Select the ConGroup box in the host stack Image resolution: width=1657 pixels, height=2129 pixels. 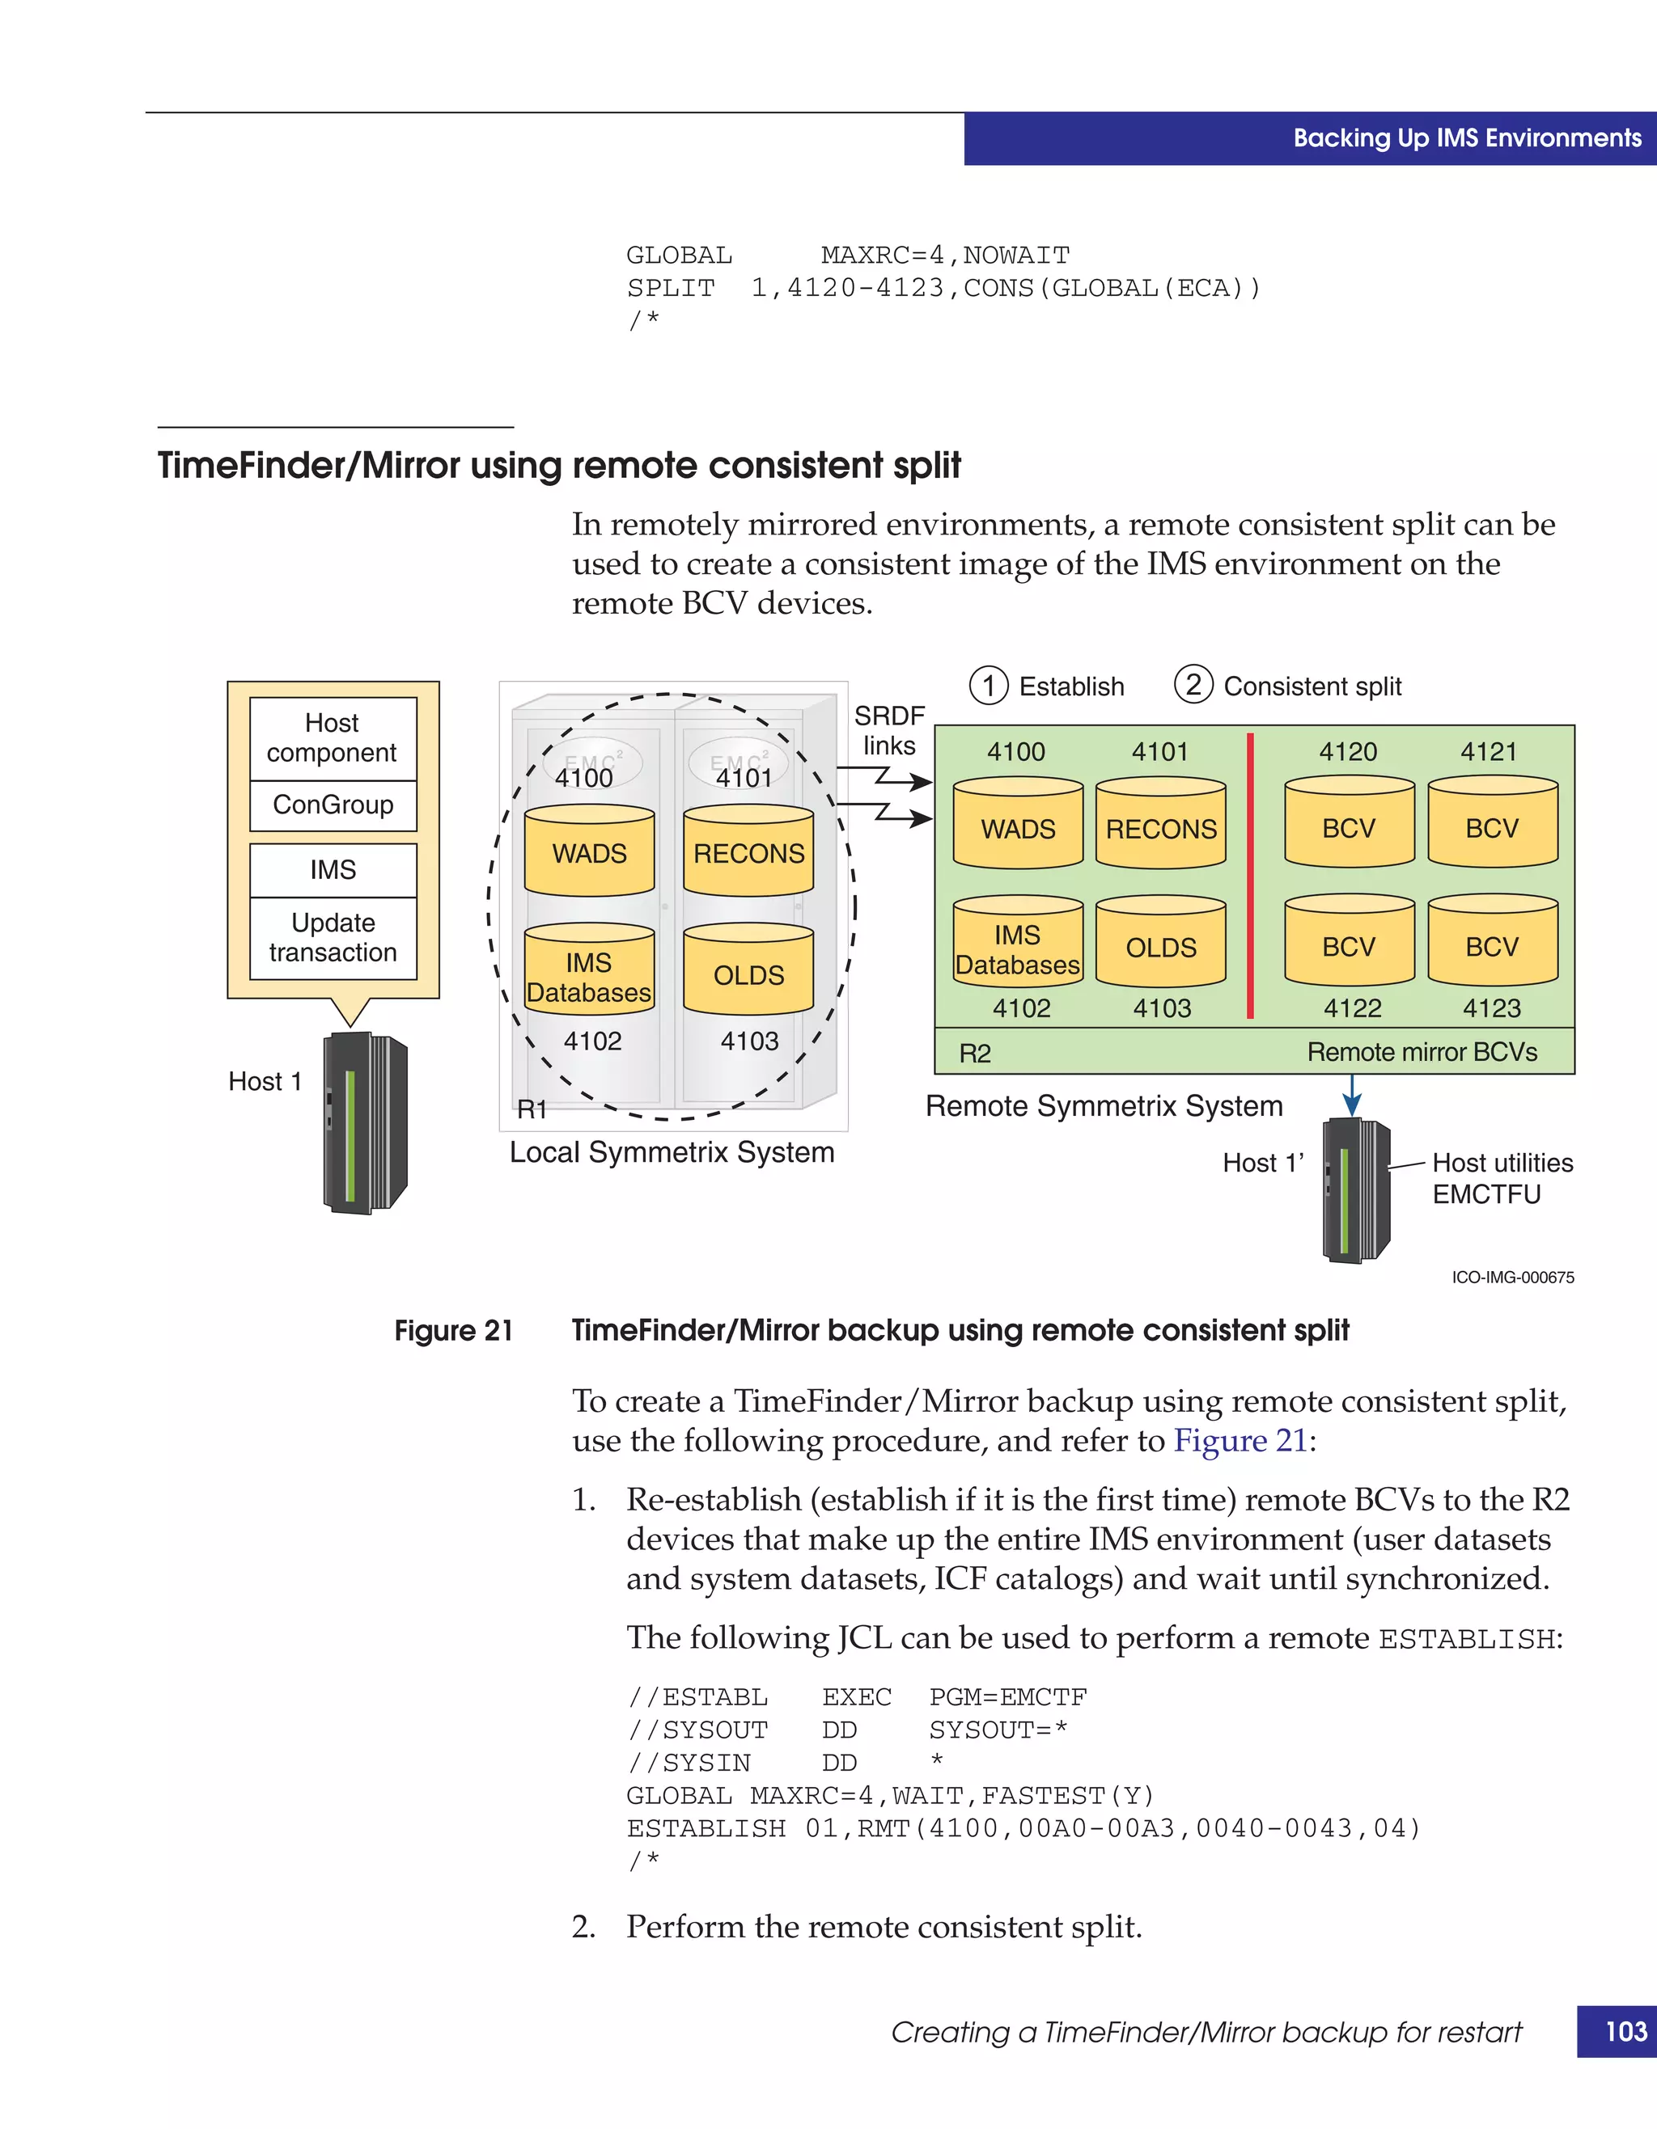pyautogui.click(x=333, y=805)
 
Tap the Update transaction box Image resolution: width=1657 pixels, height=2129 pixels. pyautogui.click(x=333, y=938)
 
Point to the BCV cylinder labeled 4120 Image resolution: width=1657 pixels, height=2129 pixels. pyautogui.click(x=1349, y=825)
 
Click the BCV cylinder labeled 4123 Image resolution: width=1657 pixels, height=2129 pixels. pyautogui.click(x=1491, y=944)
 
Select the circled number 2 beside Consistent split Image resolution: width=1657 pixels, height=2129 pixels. pyautogui.click(x=1193, y=684)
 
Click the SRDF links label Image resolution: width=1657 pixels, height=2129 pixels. pyautogui.click(x=888, y=730)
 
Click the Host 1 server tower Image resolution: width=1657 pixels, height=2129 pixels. pyautogui.click(x=364, y=1123)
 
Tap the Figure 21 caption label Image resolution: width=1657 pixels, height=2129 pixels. pyautogui.click(x=454, y=1331)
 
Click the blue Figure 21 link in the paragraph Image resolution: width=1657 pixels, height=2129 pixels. pyautogui.click(x=1239, y=1441)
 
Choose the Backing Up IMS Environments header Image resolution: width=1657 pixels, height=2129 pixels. pyautogui.click(x=1466, y=138)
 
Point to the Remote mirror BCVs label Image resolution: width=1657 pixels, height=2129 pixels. pyautogui.click(x=1421, y=1053)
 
